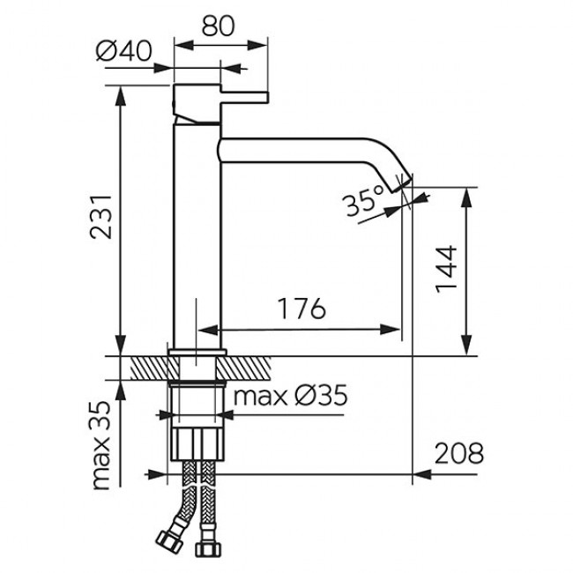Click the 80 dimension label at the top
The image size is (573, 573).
pyautogui.click(x=218, y=26)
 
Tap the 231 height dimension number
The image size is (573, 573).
pyautogui.click(x=100, y=217)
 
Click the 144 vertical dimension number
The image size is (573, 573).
pyautogui.click(x=447, y=269)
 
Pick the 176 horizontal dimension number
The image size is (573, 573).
pyautogui.click(x=301, y=309)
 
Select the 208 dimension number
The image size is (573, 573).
pyautogui.click(x=459, y=453)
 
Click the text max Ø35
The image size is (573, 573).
pyautogui.click(x=290, y=396)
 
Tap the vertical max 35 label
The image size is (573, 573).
pyautogui.click(x=100, y=445)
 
